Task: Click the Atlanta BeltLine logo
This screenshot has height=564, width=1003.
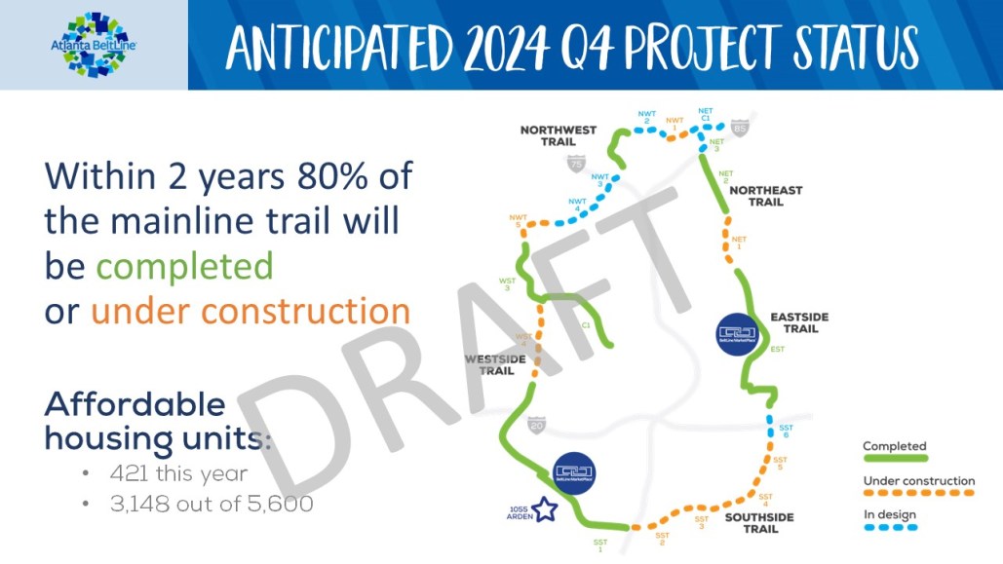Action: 95,45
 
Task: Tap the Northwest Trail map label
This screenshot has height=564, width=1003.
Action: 558,135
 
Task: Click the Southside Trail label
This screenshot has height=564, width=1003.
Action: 758,522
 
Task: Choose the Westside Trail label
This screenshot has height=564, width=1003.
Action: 489,364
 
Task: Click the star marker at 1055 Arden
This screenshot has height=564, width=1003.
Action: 543,509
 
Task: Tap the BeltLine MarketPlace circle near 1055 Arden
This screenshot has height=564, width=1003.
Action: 573,472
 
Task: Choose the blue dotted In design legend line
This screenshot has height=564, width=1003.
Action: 890,527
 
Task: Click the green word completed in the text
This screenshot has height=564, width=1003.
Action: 184,266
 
